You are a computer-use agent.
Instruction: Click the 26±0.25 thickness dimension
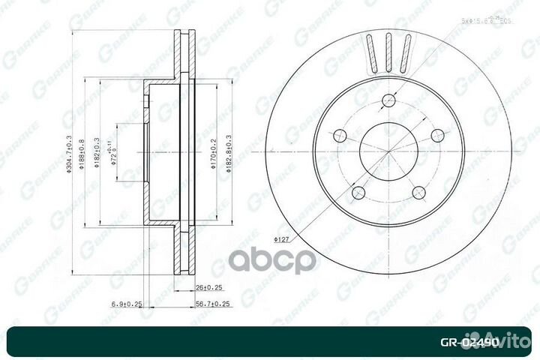[x=204, y=286]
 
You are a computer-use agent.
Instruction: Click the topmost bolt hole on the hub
[x=388, y=100]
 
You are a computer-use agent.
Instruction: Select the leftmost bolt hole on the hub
[x=340, y=136]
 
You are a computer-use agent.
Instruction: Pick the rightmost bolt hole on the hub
[x=437, y=136]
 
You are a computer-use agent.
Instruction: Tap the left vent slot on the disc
[x=372, y=54]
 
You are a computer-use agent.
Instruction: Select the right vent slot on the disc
[x=405, y=54]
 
